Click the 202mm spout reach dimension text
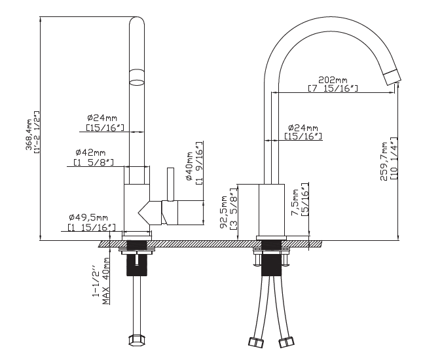pos(333,80)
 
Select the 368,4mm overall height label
pos(29,134)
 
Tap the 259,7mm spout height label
pos(384,162)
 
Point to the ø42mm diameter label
pos(90,153)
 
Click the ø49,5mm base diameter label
pos(88,217)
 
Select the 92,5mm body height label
pos(224,212)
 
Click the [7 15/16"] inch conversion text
pos(333,88)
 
